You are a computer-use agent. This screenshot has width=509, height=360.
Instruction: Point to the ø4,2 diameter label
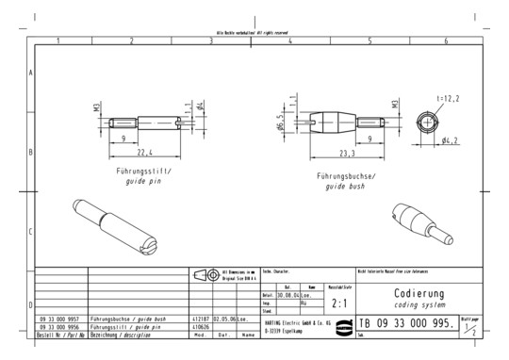pyautogui.click(x=450, y=140)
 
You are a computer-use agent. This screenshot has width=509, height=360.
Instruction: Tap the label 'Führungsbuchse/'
pyautogui.click(x=348, y=176)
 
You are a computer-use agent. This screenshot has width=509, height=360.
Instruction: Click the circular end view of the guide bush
pyautogui.click(x=427, y=123)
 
